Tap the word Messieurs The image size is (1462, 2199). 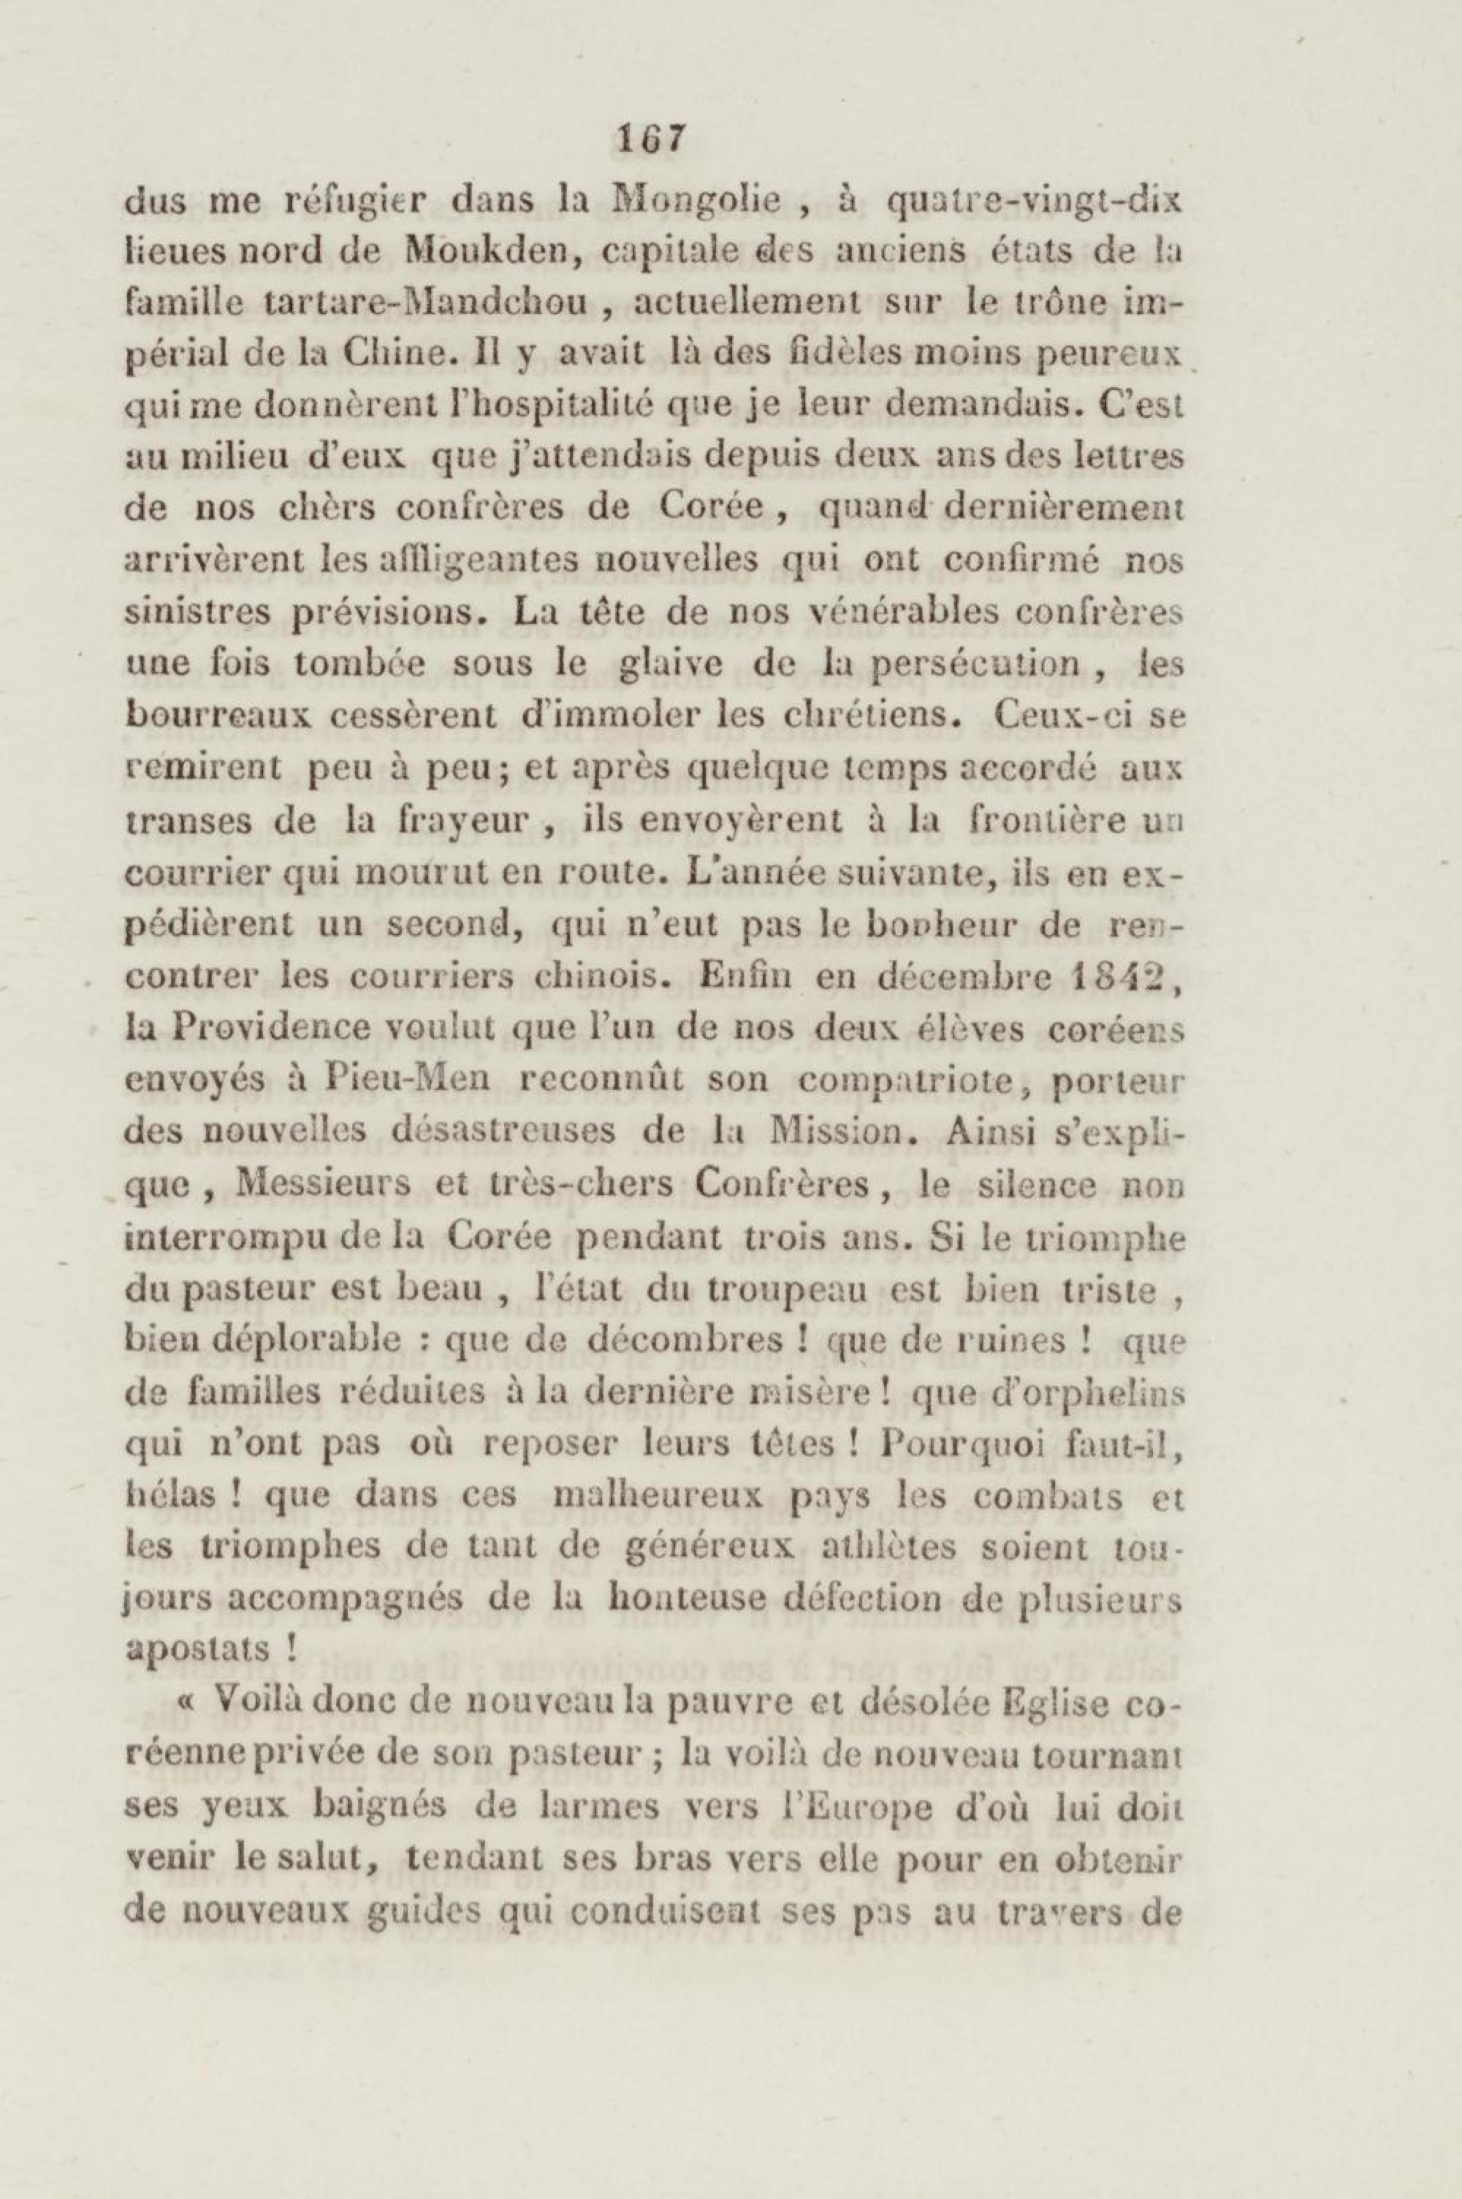(x=323, y=1185)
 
